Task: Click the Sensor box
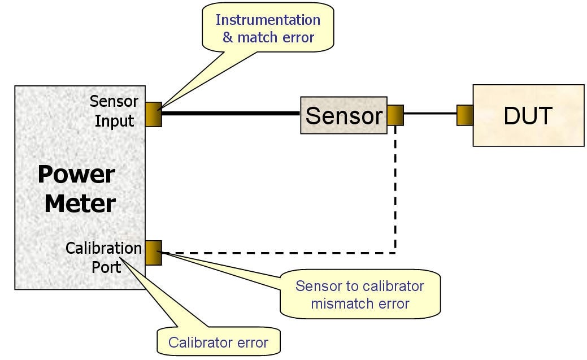[343, 115]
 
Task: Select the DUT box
[528, 115]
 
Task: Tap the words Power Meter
[78, 189]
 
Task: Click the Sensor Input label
[114, 111]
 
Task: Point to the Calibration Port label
[104, 257]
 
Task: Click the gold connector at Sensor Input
[153, 114]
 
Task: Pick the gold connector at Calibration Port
[153, 253]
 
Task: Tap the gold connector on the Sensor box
[395, 115]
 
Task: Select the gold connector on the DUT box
[464, 115]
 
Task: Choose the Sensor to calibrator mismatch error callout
[360, 294]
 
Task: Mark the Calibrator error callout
[218, 342]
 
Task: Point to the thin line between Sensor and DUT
[429, 114]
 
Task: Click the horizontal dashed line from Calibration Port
[277, 252]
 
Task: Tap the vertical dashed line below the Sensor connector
[395, 186]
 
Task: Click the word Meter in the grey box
[80, 203]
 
